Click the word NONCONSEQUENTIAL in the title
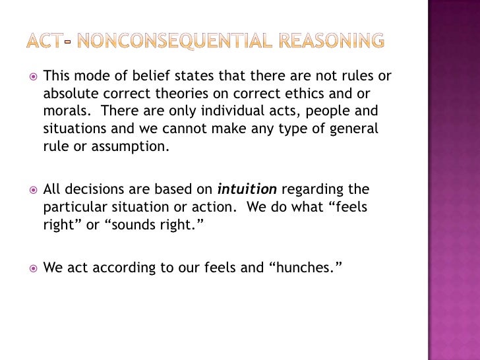[163, 41]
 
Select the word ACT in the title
[45, 41]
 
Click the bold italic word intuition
[248, 190]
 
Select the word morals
[63, 111]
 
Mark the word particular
[72, 207]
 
